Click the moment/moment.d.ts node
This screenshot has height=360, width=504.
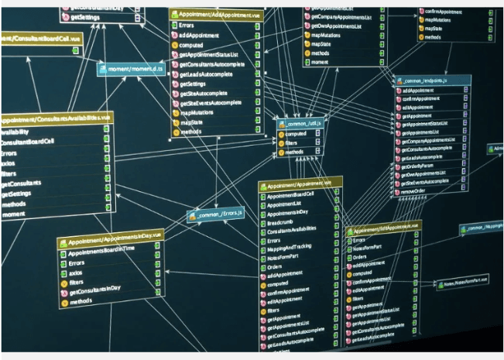click(131, 69)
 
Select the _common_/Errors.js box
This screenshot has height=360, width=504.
click(216, 213)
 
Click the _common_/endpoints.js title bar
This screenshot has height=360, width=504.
click(433, 81)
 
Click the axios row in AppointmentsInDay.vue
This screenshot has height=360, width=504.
click(77, 273)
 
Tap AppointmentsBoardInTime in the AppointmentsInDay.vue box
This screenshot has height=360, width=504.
click(102, 253)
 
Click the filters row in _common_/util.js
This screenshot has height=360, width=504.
click(295, 142)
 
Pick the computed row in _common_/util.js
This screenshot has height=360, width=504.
click(297, 133)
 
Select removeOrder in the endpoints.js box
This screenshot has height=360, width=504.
click(414, 190)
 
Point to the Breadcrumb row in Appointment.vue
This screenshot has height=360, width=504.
click(281, 222)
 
